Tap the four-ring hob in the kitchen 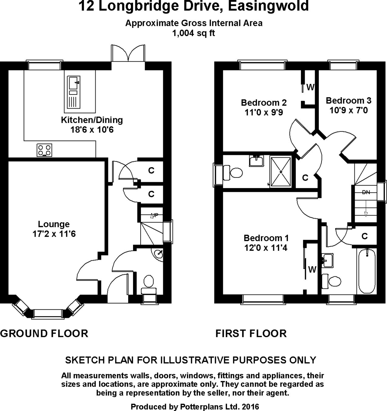[45, 150]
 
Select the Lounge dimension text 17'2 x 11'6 [53, 234]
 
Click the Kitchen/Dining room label [92, 120]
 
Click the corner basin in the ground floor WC [158, 254]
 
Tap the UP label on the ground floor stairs [155, 216]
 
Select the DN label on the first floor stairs [366, 192]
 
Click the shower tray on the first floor [281, 171]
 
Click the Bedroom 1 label [266, 238]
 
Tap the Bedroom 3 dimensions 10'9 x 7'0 [348, 110]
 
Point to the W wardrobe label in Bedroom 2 [310, 88]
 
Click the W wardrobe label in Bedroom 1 [312, 270]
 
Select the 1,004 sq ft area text [194, 33]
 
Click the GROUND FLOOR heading [44, 333]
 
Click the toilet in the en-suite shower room [233, 171]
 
